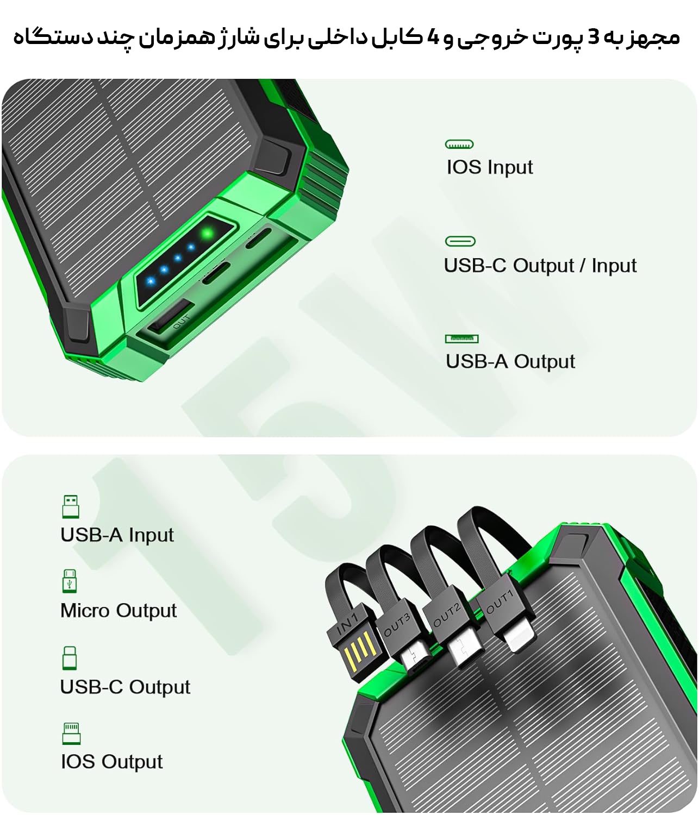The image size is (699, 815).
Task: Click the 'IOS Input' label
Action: pyautogui.click(x=490, y=167)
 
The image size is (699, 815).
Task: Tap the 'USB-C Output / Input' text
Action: pyautogui.click(x=540, y=265)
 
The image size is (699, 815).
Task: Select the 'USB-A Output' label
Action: pyautogui.click(x=510, y=361)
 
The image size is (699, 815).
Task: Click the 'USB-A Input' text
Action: pyautogui.click(x=117, y=535)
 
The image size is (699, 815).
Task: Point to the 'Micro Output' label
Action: pyautogui.click(x=118, y=610)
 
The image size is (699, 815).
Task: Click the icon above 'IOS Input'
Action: pyautogui.click(x=459, y=145)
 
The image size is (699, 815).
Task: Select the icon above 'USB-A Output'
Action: pyautogui.click(x=461, y=338)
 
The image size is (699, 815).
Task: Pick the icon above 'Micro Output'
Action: pyautogui.click(x=70, y=581)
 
